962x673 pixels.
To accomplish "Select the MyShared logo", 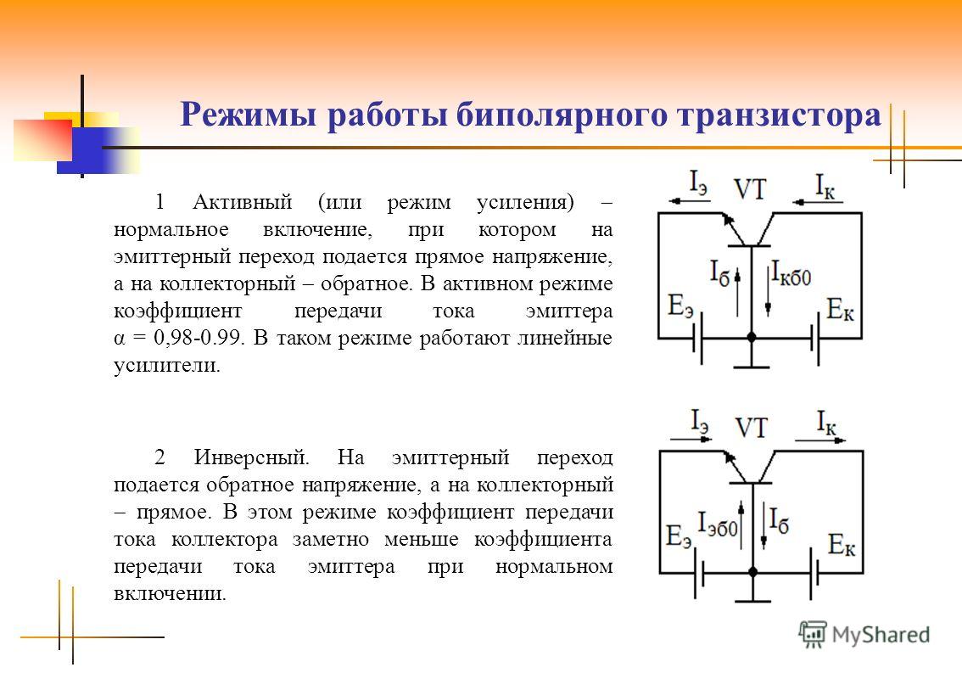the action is (864, 634).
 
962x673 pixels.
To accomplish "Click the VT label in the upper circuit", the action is (750, 189).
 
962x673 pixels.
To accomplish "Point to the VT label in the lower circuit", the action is (751, 428).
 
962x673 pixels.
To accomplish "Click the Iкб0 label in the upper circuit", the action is (791, 273).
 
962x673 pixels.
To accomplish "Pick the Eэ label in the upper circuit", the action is (680, 306).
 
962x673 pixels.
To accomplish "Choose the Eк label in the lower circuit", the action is (842, 544).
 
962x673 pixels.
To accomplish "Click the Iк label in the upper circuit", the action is (825, 186).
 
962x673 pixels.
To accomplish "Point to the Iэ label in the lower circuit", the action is (700, 422).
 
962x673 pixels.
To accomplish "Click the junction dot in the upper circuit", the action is (752, 337).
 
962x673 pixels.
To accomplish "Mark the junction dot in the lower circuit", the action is (752, 572).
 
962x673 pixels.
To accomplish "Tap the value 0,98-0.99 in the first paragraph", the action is (199, 338).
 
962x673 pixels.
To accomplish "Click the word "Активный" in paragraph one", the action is (243, 201).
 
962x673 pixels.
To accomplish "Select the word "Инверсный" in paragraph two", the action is (252, 457).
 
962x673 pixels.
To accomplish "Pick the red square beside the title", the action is (43, 140).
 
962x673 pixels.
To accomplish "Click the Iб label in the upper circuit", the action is (720, 272).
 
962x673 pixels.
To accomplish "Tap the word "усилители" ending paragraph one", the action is (167, 366).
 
